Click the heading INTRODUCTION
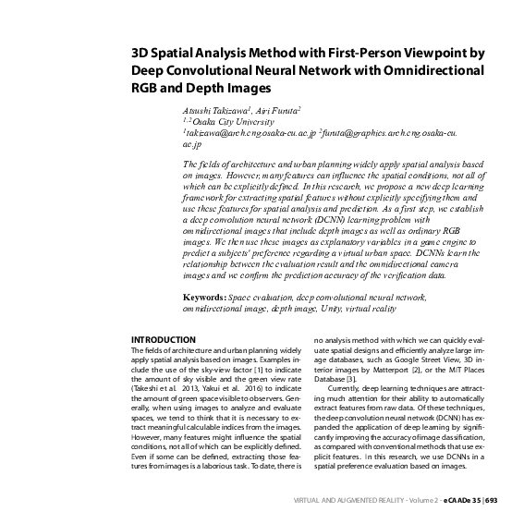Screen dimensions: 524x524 (164, 340)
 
